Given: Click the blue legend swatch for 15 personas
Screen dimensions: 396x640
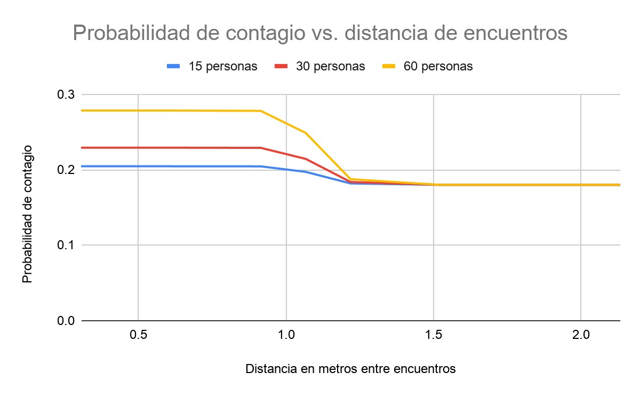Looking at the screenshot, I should [x=174, y=66].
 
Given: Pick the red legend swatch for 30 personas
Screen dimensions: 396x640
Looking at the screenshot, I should [x=282, y=66].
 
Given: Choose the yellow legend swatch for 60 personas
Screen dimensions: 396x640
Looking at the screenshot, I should [x=389, y=66].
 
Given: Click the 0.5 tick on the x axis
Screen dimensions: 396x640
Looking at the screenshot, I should [x=138, y=337].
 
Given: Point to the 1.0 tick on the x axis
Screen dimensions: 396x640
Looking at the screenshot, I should [x=286, y=337].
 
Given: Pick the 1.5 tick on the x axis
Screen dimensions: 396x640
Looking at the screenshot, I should [x=434, y=337].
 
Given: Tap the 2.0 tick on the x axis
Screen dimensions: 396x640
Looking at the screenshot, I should [x=581, y=337].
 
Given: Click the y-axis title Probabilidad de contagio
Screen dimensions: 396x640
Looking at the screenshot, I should [x=28, y=213].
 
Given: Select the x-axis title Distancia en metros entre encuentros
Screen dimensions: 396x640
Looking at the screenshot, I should [x=350, y=369].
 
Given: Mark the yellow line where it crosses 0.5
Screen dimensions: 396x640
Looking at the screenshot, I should [x=138, y=110].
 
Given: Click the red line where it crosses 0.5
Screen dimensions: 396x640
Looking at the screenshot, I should [x=138, y=147].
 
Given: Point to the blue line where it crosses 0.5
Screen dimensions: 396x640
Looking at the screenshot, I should [x=138, y=167].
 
